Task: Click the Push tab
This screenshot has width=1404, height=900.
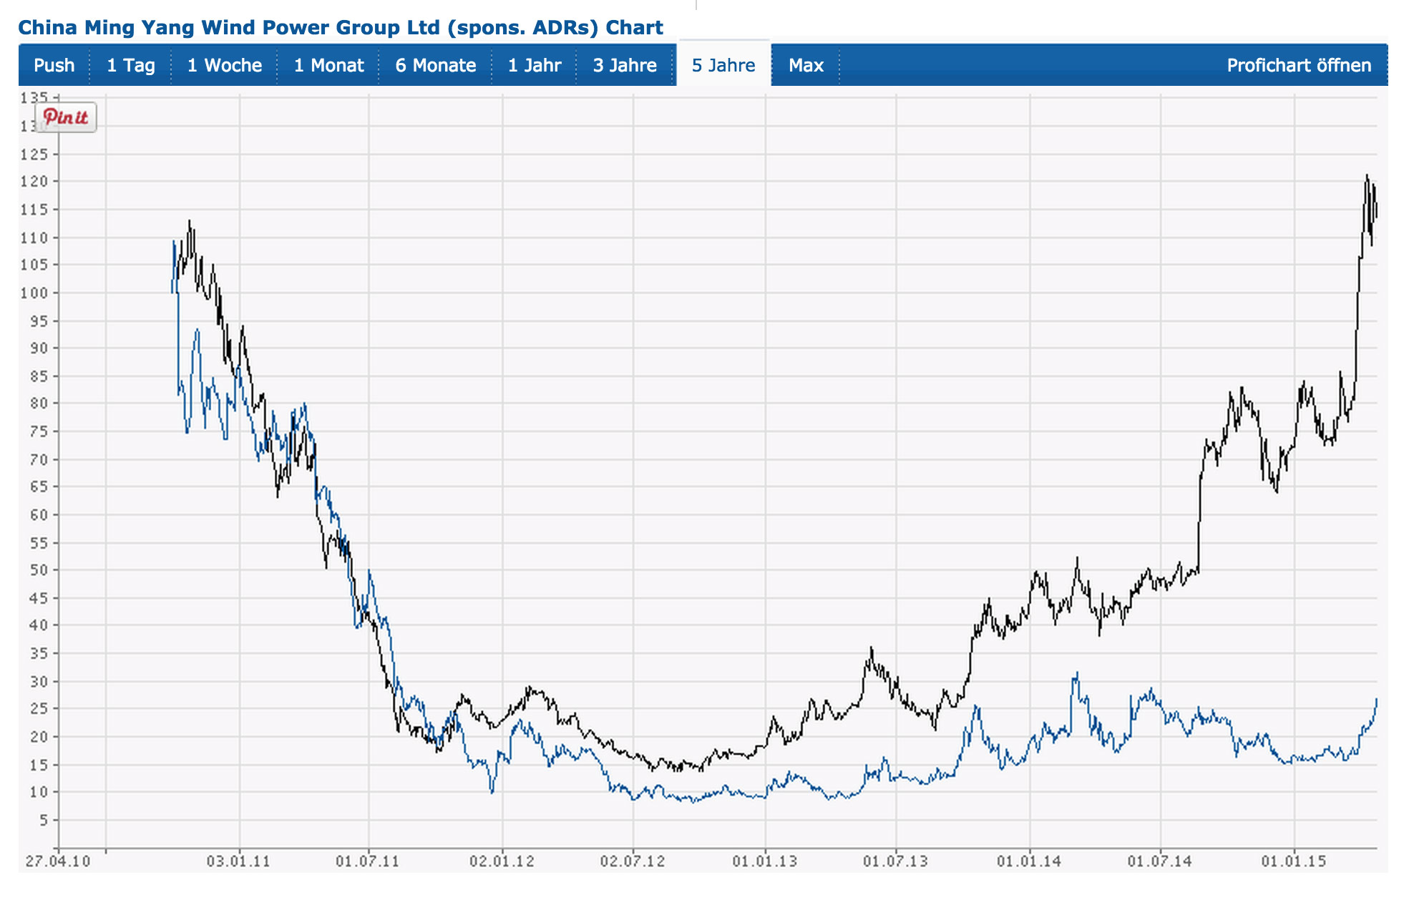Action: click(54, 65)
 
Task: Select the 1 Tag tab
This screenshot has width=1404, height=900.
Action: click(130, 65)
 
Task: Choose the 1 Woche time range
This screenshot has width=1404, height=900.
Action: click(224, 65)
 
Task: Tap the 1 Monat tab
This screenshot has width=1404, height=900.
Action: click(328, 65)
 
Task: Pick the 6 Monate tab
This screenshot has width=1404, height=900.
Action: click(435, 65)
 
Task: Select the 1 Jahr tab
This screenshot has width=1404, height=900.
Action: click(534, 65)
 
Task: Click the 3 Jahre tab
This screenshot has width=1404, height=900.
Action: click(625, 65)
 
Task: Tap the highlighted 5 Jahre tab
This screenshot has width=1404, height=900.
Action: click(723, 65)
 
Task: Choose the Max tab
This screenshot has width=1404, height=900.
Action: click(806, 65)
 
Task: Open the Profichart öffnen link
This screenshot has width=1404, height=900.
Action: click(1298, 65)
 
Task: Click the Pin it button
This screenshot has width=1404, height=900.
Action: click(66, 117)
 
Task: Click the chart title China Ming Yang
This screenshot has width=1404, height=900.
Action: click(340, 27)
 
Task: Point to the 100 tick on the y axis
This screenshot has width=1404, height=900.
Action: click(34, 293)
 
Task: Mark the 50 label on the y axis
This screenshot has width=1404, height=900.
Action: click(39, 570)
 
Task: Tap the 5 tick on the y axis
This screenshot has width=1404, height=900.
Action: click(44, 820)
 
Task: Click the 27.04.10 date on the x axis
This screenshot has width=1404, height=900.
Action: click(58, 861)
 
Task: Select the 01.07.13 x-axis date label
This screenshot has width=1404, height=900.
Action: click(895, 861)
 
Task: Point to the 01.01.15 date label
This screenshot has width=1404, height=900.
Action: click(1294, 861)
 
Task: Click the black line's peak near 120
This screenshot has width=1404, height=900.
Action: click(1367, 175)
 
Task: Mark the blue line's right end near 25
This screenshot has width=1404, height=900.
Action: click(1376, 700)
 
